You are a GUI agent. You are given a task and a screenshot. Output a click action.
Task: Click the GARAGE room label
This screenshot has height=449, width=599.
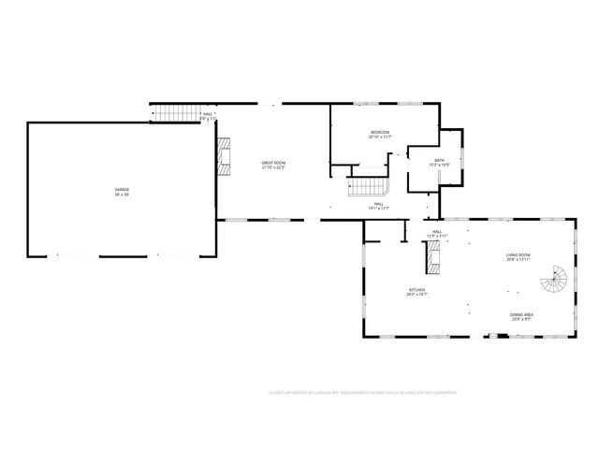point(123,189)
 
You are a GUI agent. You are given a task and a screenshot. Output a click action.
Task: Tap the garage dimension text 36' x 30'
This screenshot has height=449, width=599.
point(123,195)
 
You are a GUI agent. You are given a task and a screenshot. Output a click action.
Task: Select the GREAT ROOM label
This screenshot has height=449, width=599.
point(273,163)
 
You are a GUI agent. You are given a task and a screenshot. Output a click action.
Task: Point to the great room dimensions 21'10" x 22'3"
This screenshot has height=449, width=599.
point(273,168)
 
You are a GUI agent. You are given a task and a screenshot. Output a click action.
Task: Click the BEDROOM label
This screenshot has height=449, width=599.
point(379,133)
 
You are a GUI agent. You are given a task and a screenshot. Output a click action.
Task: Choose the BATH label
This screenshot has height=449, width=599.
point(439,160)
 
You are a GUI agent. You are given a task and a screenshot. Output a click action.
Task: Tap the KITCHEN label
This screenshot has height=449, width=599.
point(416,290)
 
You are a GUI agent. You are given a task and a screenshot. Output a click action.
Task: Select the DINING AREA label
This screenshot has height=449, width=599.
point(521,314)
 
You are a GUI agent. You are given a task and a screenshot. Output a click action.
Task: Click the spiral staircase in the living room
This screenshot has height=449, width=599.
point(558,279)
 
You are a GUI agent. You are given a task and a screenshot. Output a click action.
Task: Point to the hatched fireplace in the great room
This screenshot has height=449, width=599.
point(225,157)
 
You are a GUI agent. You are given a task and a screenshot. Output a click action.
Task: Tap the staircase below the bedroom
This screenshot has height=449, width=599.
point(368,186)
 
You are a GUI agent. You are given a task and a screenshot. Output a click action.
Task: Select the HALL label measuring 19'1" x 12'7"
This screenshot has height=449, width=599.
point(379,203)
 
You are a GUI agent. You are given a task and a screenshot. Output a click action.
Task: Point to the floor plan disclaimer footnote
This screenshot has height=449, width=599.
point(362,393)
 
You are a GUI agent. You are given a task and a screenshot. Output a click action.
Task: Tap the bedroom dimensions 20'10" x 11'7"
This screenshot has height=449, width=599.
point(379,138)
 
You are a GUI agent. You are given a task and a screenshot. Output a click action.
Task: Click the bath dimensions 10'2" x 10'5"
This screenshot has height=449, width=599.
point(439,166)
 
